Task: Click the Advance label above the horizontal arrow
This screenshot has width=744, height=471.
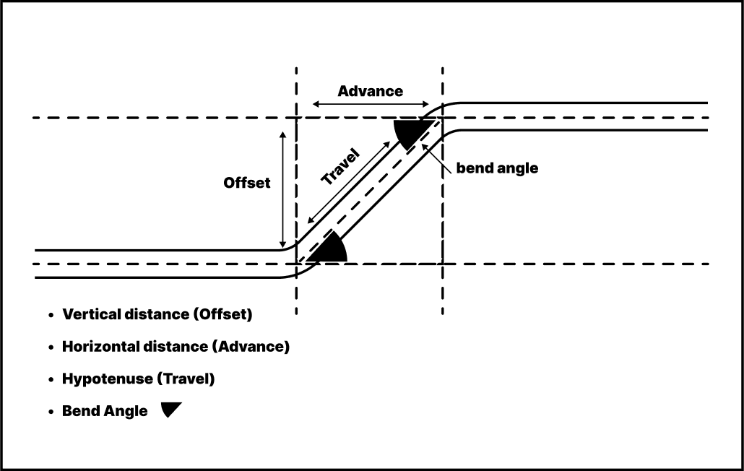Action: [370, 91]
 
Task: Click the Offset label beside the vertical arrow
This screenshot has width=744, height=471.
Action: [247, 183]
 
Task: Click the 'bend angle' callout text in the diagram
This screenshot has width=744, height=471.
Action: [497, 168]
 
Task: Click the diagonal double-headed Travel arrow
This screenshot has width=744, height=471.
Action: [348, 183]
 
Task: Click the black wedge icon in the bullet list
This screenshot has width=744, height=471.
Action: [171, 410]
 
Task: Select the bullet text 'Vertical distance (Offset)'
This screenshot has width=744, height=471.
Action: [157, 315]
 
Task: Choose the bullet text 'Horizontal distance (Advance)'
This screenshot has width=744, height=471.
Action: [176, 347]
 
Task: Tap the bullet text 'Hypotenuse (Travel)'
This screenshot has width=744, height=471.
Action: [139, 379]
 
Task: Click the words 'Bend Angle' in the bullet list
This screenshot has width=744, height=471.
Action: [105, 411]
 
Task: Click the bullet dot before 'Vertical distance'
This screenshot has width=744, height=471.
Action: [51, 316]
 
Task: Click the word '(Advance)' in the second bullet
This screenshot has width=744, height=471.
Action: [251, 347]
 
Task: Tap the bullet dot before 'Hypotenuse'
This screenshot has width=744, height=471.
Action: [51, 379]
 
